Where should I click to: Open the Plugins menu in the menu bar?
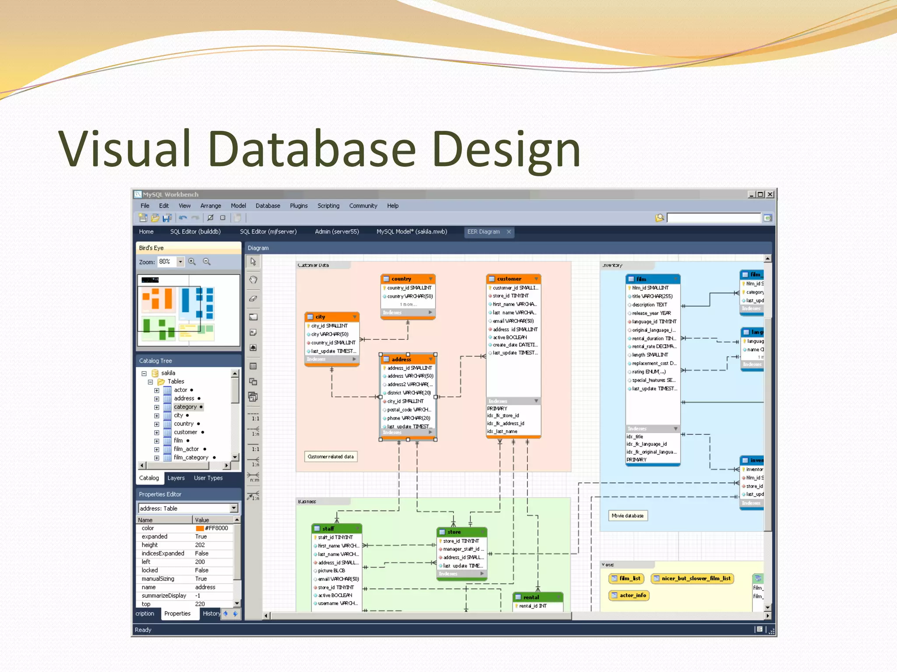[x=298, y=206]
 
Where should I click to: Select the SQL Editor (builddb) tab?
[x=195, y=231]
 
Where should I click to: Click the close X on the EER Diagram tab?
[x=509, y=232]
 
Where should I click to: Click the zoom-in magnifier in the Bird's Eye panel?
[x=192, y=262]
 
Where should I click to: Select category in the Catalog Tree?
[x=185, y=407]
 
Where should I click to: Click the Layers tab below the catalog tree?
[x=176, y=478]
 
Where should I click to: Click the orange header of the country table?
[x=407, y=279]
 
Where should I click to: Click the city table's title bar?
[x=332, y=317]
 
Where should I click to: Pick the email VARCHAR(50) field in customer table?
[x=513, y=321]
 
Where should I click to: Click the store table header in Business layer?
[x=462, y=532]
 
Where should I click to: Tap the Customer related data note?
[x=330, y=457]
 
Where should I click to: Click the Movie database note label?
[x=627, y=516]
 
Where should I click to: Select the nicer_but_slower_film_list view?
[x=692, y=578]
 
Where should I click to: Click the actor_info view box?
[x=629, y=595]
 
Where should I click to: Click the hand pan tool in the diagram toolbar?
[x=253, y=280]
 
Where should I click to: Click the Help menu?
[x=392, y=206]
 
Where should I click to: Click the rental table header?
[x=537, y=597]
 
